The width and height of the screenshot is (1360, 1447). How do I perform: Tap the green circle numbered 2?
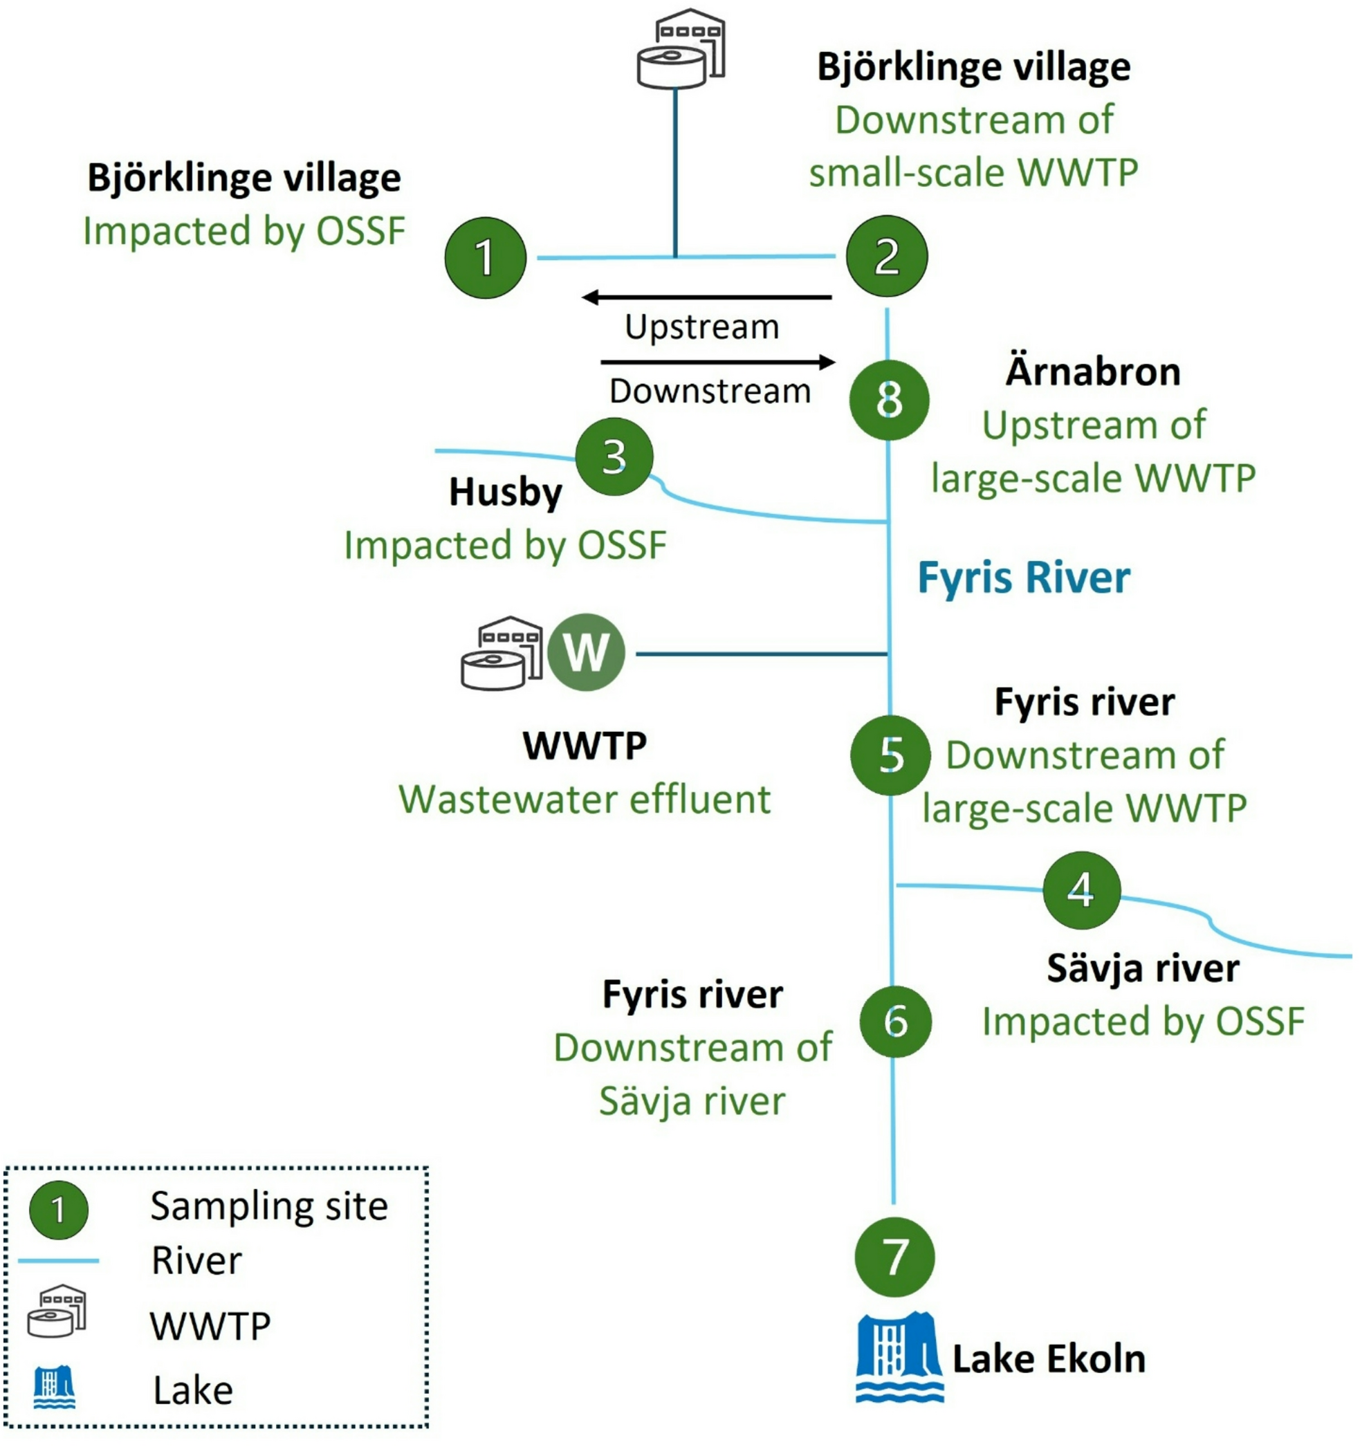pyautogui.click(x=886, y=255)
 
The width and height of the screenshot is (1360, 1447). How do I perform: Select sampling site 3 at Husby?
pyautogui.click(x=614, y=457)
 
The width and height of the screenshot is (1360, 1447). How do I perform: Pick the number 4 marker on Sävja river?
pyautogui.click(x=1081, y=890)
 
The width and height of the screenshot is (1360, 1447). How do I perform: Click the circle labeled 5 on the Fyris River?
pyautogui.click(x=890, y=755)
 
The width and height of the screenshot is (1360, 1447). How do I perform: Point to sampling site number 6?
pyautogui.click(x=894, y=1021)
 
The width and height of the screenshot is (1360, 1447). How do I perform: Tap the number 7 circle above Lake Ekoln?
pyautogui.click(x=894, y=1257)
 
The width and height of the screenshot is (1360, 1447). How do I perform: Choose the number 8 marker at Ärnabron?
pyautogui.click(x=888, y=400)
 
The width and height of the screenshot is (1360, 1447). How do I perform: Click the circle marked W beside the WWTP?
pyautogui.click(x=586, y=652)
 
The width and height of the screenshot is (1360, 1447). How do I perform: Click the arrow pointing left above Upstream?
pyautogui.click(x=706, y=297)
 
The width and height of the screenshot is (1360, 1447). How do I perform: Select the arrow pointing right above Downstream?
pyautogui.click(x=717, y=362)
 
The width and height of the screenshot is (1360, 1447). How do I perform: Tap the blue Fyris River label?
pyautogui.click(x=1023, y=579)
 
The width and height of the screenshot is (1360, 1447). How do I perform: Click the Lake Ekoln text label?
pyautogui.click(x=1049, y=1359)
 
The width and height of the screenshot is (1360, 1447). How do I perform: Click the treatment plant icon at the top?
pyautogui.click(x=681, y=49)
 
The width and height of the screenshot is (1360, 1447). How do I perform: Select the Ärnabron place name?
pyautogui.click(x=1092, y=372)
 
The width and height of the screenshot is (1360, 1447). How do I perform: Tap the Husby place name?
pyautogui.click(x=505, y=492)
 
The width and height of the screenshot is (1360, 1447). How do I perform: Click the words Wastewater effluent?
pyautogui.click(x=584, y=800)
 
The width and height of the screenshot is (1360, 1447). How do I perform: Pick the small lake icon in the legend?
pyautogui.click(x=54, y=1388)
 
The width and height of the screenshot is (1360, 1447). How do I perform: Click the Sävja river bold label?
pyautogui.click(x=1142, y=969)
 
